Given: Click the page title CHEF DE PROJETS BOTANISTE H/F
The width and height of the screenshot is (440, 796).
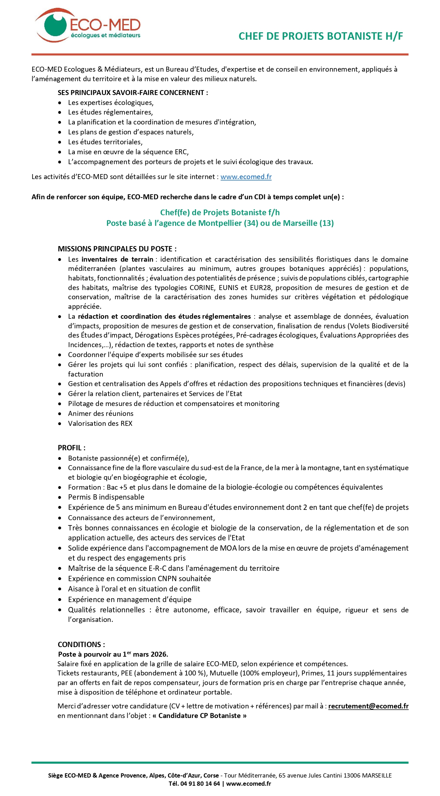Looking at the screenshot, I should coord(321,36).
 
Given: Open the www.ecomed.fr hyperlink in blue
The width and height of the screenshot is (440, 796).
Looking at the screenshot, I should coord(246,177).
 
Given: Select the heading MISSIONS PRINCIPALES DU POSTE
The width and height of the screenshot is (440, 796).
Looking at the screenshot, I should coord(117,249).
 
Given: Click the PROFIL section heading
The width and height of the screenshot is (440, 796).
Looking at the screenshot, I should coord(71,448).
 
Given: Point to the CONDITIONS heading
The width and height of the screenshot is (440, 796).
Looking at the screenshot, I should coord(81,645).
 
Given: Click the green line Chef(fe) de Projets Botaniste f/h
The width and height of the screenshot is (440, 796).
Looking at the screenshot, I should coord(220,212).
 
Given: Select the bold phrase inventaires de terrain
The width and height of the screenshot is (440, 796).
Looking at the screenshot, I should coord(117,259).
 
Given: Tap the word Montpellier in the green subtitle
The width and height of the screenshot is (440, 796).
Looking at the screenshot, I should coord(220,223).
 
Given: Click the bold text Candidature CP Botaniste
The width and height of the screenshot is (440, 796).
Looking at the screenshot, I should coord(200,716).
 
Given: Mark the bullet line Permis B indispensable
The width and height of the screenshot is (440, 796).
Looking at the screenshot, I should coord(106,497).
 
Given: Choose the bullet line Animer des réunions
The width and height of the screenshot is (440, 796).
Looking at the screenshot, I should coord(101,413).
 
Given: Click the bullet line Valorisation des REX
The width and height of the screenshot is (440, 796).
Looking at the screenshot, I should coord(100,423).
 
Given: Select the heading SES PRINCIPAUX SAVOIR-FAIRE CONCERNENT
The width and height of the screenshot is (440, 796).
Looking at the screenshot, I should coord(133,93).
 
